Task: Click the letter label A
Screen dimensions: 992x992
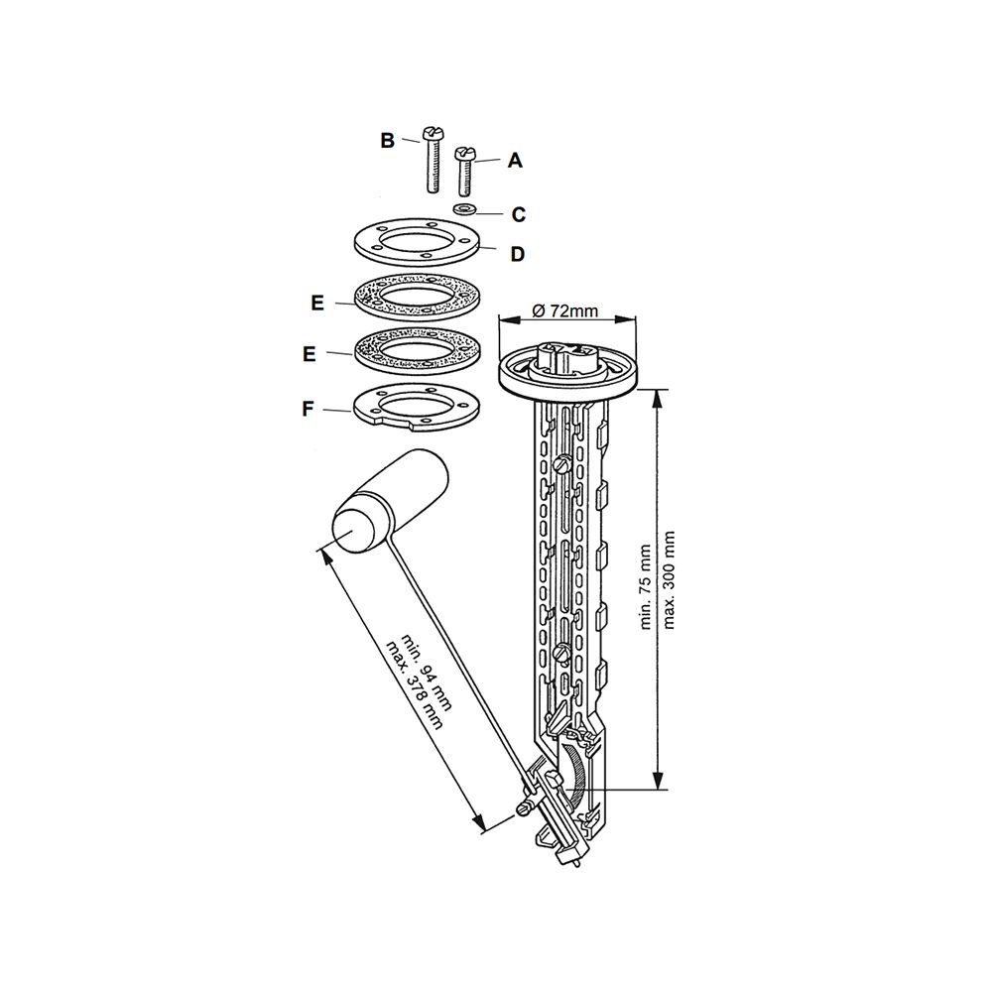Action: point(516,160)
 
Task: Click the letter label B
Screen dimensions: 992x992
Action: point(387,140)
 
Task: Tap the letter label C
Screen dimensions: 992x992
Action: point(518,214)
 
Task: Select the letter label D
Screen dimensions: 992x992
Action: point(518,254)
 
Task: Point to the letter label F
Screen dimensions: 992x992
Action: point(308,410)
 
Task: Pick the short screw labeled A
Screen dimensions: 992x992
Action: point(464,171)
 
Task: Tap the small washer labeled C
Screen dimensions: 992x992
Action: point(465,208)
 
